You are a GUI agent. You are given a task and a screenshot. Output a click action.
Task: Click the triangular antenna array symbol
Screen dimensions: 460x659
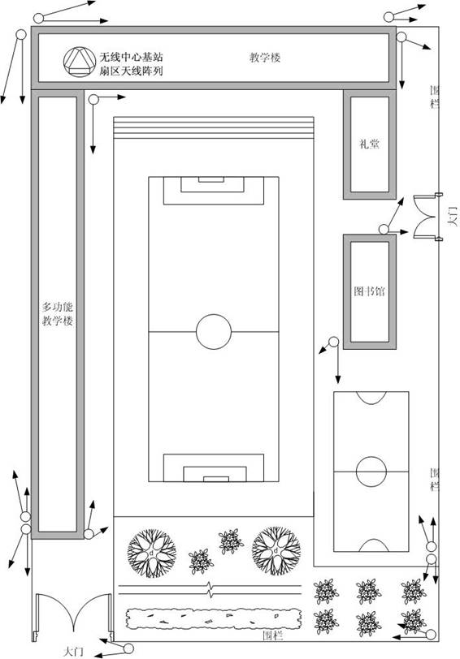pyautogui.click(x=80, y=62)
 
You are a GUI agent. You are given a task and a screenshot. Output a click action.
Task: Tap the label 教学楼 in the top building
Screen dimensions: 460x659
pyautogui.click(x=265, y=57)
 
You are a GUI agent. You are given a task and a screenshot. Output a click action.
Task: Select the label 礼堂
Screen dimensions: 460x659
pyautogui.click(x=370, y=144)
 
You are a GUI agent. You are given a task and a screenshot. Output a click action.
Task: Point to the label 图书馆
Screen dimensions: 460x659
pyautogui.click(x=369, y=291)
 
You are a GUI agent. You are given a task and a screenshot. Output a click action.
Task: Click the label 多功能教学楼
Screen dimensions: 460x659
pyautogui.click(x=57, y=314)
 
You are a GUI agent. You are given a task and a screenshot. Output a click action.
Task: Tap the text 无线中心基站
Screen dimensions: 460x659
pyautogui.click(x=131, y=57)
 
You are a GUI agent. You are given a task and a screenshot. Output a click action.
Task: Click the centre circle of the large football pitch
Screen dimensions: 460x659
pyautogui.click(x=214, y=332)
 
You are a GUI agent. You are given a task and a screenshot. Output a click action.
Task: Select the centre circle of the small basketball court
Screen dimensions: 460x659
pyautogui.click(x=371, y=472)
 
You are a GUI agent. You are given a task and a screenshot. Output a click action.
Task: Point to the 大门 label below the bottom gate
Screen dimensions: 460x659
pyautogui.click(x=73, y=652)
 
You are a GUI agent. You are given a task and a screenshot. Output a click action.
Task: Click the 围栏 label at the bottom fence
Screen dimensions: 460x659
pyautogui.click(x=273, y=635)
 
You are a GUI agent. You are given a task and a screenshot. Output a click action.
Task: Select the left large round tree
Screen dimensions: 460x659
pyautogui.click(x=152, y=553)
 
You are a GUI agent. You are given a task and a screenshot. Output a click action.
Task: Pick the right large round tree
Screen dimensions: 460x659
pyautogui.click(x=276, y=550)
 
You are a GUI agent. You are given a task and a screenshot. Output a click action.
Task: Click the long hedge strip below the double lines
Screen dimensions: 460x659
pyautogui.click(x=214, y=618)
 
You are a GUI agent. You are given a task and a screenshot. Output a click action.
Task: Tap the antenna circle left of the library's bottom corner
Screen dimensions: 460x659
pyautogui.click(x=333, y=342)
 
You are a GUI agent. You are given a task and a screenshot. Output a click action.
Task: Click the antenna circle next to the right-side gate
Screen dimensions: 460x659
pyautogui.click(x=384, y=230)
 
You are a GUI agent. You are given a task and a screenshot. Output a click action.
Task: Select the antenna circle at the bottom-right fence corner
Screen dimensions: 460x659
pyautogui.click(x=431, y=635)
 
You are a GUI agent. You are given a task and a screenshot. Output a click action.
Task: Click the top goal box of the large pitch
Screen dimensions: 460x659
pyautogui.click(x=214, y=191)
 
